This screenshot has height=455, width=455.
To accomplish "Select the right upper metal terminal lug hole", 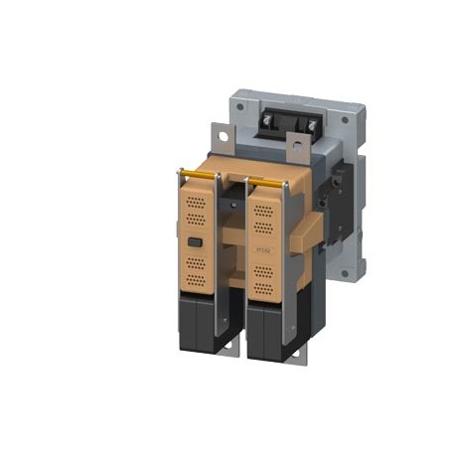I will click(295, 151).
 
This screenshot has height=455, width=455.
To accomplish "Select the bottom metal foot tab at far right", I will click(296, 350).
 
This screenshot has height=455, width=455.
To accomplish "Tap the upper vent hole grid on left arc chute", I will click(198, 210).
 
